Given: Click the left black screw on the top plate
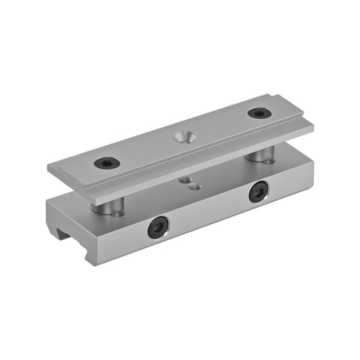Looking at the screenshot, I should pyautogui.click(x=107, y=163).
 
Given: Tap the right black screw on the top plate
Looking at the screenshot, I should pyautogui.click(x=257, y=113).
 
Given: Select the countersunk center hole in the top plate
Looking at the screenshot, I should pyautogui.click(x=181, y=138).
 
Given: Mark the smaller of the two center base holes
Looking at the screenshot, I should pyautogui.click(x=183, y=180).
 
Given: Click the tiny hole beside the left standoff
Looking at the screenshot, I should pyautogui.click(x=120, y=213).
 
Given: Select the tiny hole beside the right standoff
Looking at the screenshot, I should pyautogui.click(x=269, y=161).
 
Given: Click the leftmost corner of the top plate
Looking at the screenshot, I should pyautogui.click(x=49, y=166).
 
